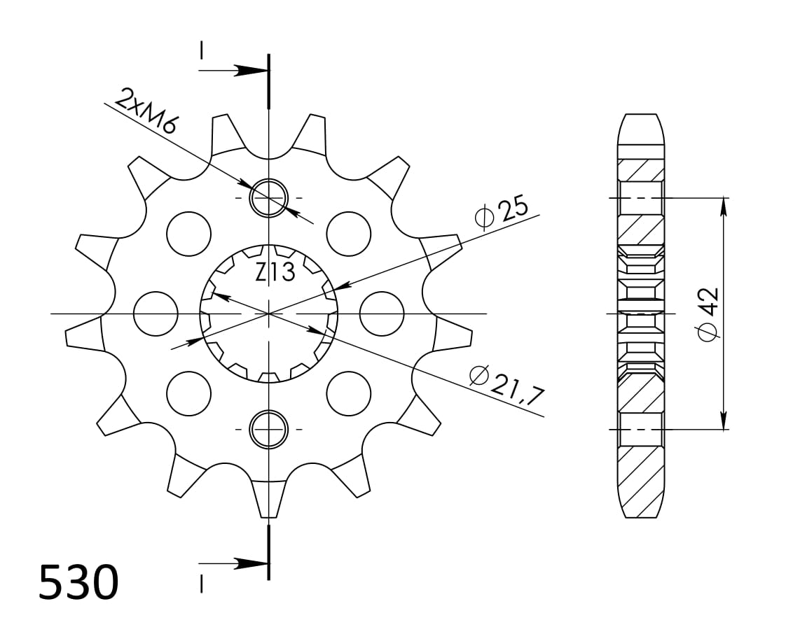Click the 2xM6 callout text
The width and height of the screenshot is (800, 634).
coord(147,111)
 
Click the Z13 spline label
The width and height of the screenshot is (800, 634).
coord(275,272)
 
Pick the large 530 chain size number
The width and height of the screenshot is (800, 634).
coord(78,583)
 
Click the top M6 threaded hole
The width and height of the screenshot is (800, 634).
coord(269,197)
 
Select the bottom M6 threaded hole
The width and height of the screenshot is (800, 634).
coord(269,429)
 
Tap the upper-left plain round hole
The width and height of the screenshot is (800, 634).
coord(188,232)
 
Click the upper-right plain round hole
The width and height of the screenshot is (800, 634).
coord(349,232)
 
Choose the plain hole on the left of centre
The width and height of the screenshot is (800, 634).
coord(155,314)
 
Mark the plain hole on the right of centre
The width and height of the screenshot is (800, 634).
coord(382,314)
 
